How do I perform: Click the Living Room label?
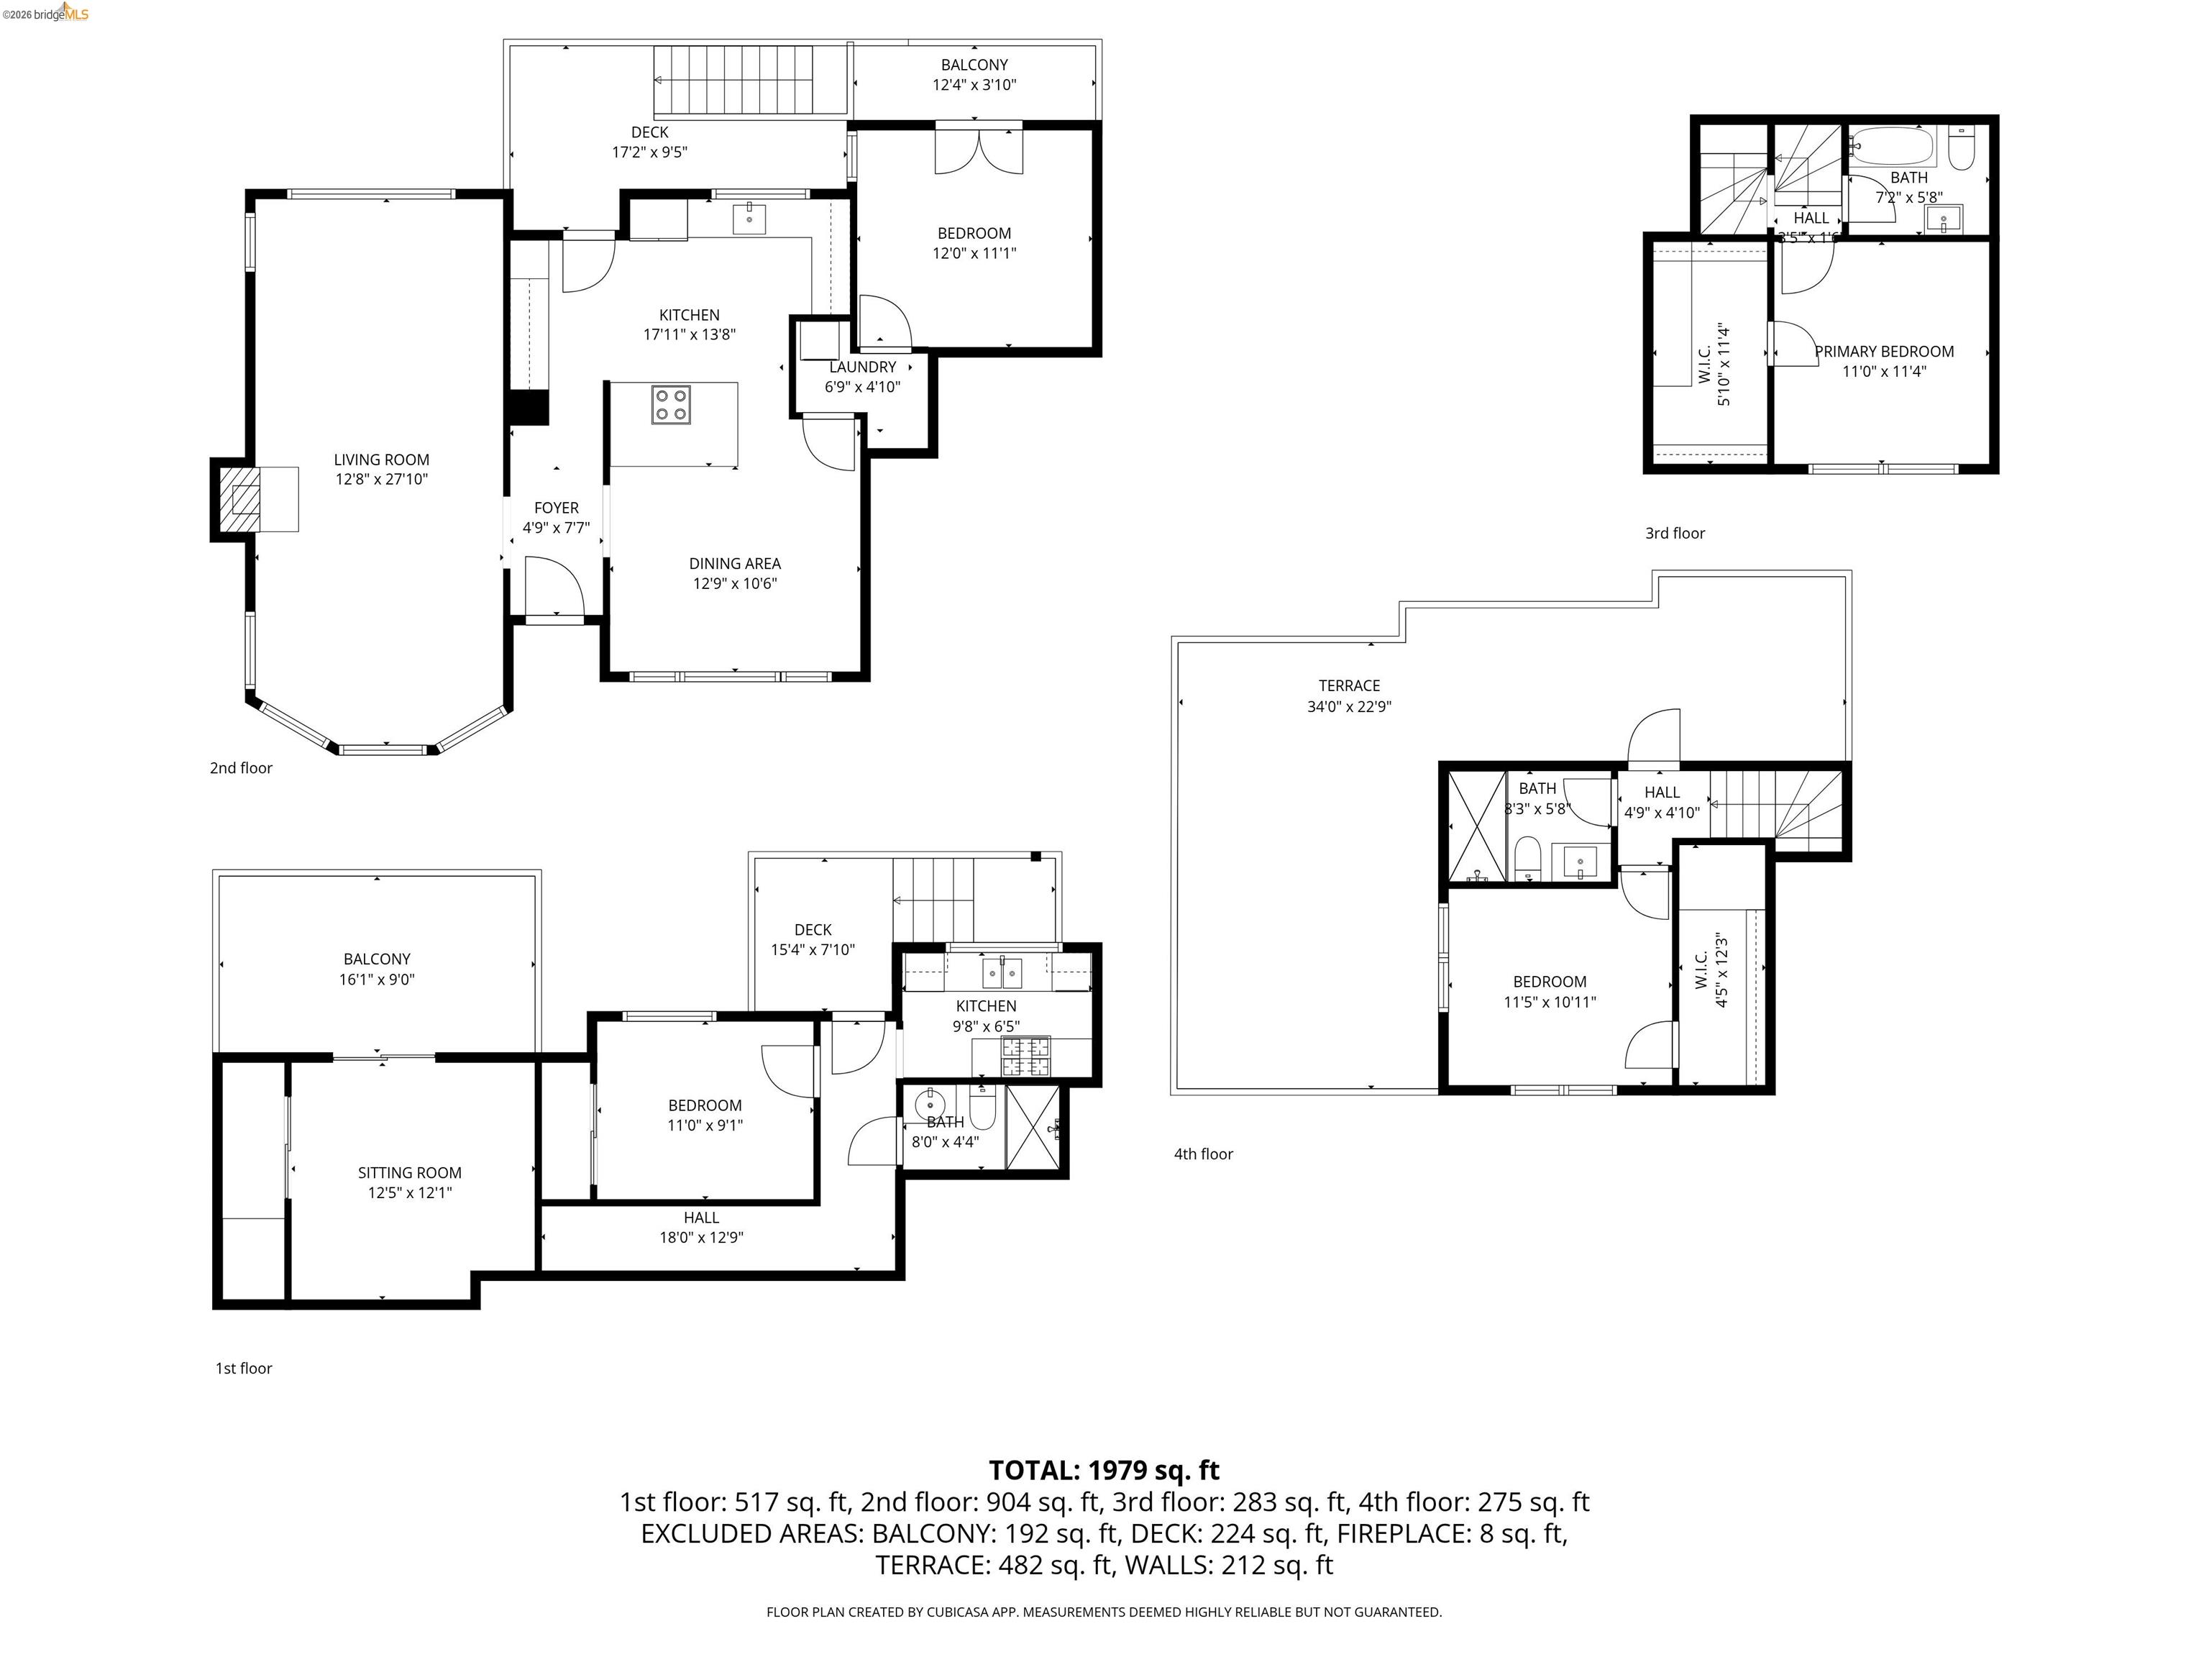[x=382, y=460]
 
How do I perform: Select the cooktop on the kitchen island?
[x=671, y=404]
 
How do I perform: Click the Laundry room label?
[x=862, y=367]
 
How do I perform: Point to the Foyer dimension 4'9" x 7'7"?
[x=557, y=527]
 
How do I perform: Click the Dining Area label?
[x=734, y=563]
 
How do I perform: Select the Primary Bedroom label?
[x=1883, y=352]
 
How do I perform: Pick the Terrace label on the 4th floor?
[x=1348, y=685]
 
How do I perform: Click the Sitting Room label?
[x=409, y=1172]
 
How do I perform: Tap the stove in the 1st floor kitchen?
[x=1027, y=1056]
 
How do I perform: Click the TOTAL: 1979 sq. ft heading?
[x=1104, y=1470]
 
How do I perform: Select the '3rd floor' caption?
[x=1675, y=534]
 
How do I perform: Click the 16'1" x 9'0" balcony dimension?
[x=377, y=979]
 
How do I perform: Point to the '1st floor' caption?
[x=244, y=1369]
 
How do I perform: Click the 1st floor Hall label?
[x=701, y=1218]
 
